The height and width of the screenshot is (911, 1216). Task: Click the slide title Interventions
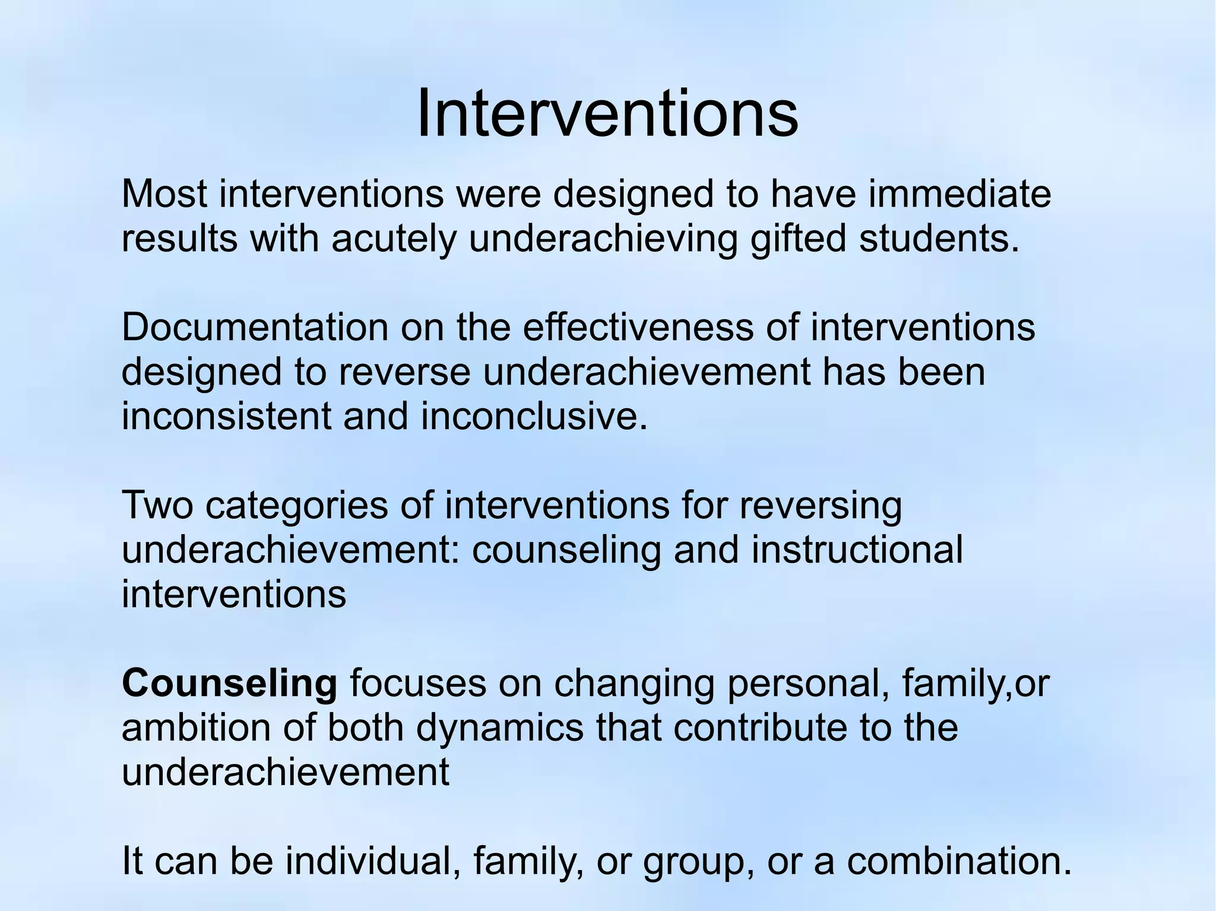pos(607,113)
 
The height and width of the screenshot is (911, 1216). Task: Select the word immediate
pos(959,193)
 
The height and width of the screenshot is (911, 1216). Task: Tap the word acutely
pos(394,239)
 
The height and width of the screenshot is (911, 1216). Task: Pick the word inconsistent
pos(226,416)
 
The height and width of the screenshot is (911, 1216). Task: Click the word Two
pos(157,505)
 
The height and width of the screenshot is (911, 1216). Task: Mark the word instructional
pos(857,550)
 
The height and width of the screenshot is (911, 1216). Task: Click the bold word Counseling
pos(229,684)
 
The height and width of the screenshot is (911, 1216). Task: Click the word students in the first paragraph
pos(938,239)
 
